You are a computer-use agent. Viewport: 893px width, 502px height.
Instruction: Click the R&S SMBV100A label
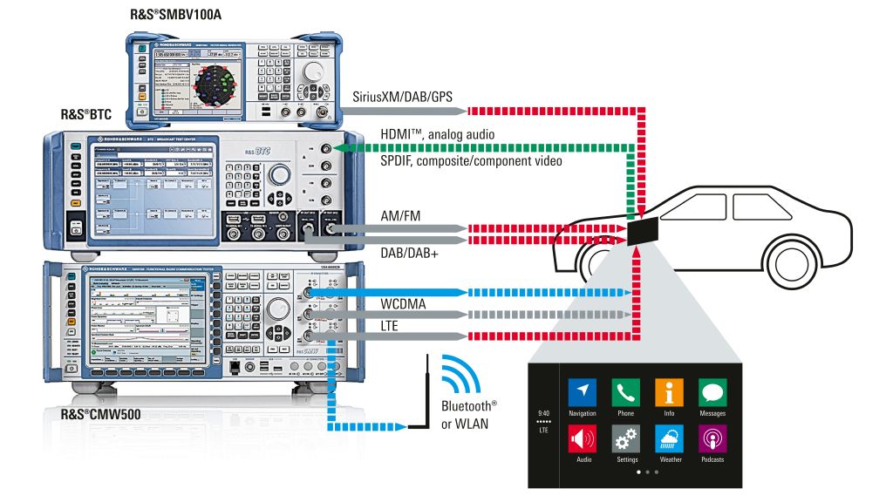(x=187, y=15)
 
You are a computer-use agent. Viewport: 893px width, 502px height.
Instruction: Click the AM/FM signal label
(x=403, y=214)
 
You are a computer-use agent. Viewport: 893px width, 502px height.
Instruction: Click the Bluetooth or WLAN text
(x=469, y=415)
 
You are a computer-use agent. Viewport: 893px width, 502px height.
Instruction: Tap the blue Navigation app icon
(x=582, y=392)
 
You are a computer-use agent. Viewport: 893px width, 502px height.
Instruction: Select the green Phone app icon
(x=625, y=392)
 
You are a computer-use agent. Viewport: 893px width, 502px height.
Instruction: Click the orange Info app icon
(x=669, y=392)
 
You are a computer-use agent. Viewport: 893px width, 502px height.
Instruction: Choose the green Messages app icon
(x=712, y=392)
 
